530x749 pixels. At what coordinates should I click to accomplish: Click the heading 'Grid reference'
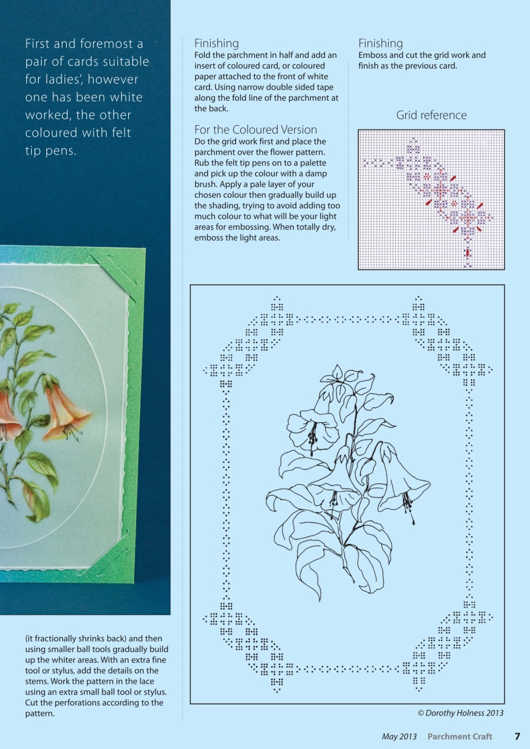[431, 115]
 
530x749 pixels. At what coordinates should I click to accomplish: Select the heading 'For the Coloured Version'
[255, 130]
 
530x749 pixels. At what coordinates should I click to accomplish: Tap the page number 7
[517, 736]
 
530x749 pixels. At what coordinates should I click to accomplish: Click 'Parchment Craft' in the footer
[459, 736]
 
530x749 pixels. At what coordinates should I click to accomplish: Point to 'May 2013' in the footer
[399, 736]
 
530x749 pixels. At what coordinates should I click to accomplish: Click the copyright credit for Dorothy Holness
[460, 713]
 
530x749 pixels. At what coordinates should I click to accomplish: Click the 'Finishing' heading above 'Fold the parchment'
[216, 43]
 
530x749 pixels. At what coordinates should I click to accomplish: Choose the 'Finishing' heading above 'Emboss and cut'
[380, 43]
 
